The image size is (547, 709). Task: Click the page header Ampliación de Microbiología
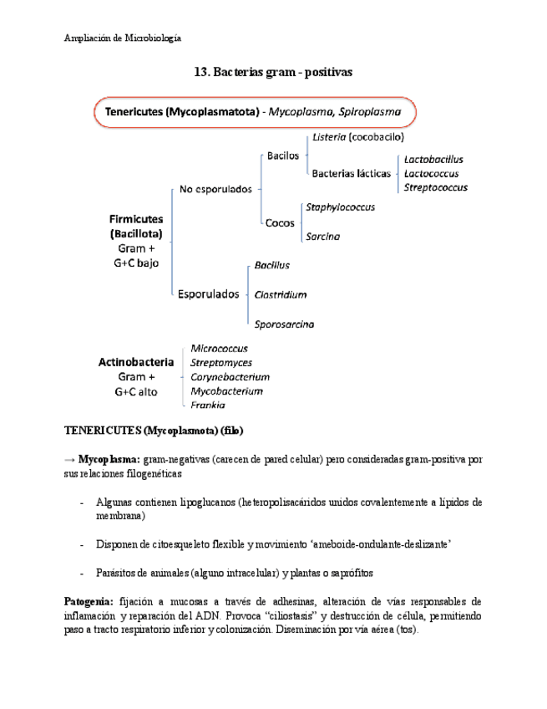(123, 38)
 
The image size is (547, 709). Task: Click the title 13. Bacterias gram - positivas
(273, 73)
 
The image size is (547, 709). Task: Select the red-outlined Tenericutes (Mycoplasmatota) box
(255, 111)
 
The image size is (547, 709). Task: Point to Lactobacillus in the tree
(433, 159)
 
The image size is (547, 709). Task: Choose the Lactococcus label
(432, 173)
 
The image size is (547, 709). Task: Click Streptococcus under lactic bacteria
(435, 187)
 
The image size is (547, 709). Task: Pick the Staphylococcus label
(340, 207)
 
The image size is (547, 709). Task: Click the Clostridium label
(280, 294)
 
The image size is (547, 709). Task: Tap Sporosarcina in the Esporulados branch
(284, 324)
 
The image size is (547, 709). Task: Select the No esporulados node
(215, 190)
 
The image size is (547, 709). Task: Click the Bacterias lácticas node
(351, 173)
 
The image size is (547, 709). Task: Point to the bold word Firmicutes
(135, 219)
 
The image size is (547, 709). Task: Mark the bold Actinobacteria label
(136, 363)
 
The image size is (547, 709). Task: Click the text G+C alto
(135, 391)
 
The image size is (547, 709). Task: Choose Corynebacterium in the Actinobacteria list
(230, 377)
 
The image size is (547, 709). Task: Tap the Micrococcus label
(219, 348)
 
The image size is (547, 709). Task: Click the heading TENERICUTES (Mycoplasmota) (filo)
(154, 431)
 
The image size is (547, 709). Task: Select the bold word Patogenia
(88, 602)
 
